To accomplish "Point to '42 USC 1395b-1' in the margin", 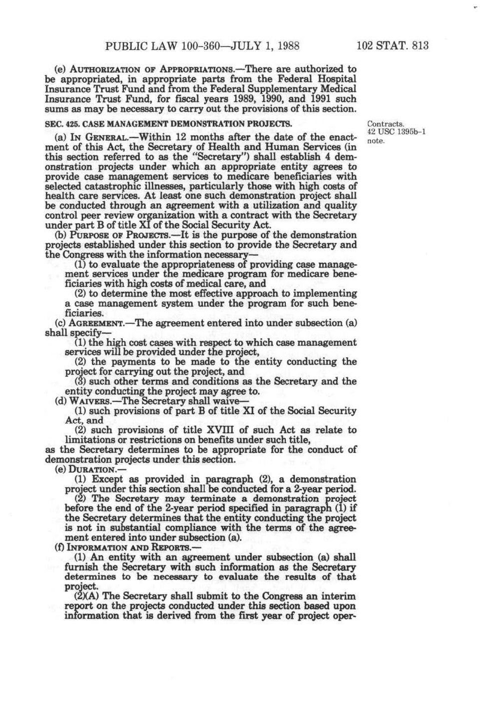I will click(x=396, y=132).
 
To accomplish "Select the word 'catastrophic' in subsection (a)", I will click(x=115, y=186).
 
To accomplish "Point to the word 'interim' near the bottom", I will click(x=339, y=596).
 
